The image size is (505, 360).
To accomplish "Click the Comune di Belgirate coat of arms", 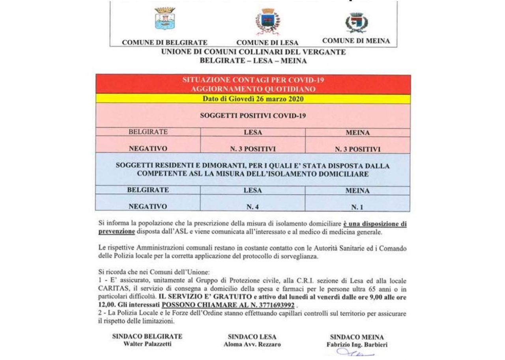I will (x=165, y=19).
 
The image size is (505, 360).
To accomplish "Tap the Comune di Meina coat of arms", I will (x=356, y=22).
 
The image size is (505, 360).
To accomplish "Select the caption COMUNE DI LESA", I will (x=267, y=43).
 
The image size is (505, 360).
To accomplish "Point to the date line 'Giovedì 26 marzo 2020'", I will (x=253, y=99).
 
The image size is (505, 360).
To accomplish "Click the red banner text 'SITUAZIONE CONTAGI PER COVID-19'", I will (x=253, y=80).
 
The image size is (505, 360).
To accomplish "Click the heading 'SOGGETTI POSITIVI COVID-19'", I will (x=253, y=116).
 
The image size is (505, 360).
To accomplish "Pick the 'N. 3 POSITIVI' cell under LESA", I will (x=253, y=149).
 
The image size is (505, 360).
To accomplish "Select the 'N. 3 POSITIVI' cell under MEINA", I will (x=357, y=149).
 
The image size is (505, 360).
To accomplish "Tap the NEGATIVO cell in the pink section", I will (x=148, y=149).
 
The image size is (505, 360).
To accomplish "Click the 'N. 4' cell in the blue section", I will (x=253, y=207).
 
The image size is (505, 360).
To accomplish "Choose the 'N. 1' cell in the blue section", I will (x=357, y=207).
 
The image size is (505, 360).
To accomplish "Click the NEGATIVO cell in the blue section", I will (x=148, y=206).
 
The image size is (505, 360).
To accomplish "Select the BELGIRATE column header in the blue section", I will (x=148, y=190).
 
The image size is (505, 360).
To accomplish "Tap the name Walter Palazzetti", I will (x=147, y=344).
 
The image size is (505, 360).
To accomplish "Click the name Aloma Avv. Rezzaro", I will (x=252, y=344).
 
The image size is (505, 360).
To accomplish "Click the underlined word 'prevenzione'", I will (x=116, y=232).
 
